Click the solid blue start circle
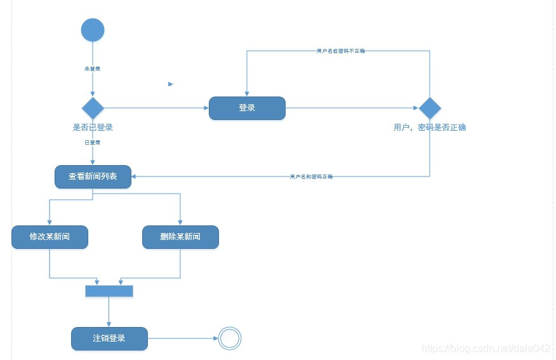[93, 30]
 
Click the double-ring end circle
[230, 338]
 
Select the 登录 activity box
[247, 108]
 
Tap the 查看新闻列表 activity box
[93, 177]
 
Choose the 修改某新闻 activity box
[50, 237]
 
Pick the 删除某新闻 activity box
[180, 237]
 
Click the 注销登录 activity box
[109, 338]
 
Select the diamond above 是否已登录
[93, 108]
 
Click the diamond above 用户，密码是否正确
[430, 108]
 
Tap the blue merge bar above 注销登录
[109, 291]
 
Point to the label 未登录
[93, 68]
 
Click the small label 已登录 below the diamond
[93, 142]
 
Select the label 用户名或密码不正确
[341, 51]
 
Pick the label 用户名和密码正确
[311, 177]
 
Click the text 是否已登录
[93, 128]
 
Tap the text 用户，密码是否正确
[430, 128]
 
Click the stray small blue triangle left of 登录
[171, 84]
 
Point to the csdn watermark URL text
[486, 349]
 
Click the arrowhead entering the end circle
[215, 338]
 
